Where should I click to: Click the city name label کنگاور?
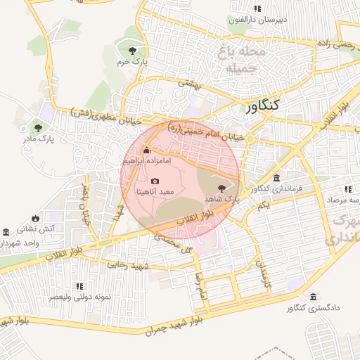(x=263, y=105)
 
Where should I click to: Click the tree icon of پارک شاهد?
(x=223, y=188)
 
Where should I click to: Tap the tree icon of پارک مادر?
(x=38, y=128)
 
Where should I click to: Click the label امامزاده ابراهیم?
(x=147, y=161)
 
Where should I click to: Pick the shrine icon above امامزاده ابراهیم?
(x=146, y=150)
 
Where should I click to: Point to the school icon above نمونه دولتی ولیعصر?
(x=79, y=286)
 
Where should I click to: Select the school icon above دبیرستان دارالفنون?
(x=258, y=8)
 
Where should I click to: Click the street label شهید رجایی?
(x=124, y=265)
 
